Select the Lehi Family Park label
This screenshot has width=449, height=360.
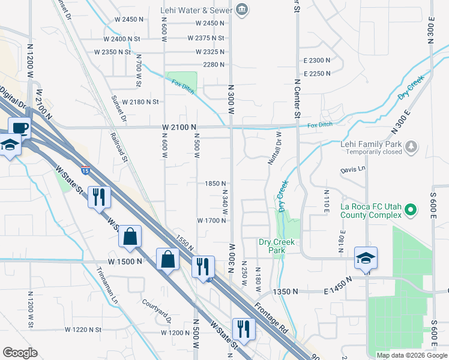pos(372,144)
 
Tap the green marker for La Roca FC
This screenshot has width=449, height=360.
pos(411,210)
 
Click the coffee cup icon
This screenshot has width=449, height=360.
pos(20,127)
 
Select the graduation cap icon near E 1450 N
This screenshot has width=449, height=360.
pos(366,258)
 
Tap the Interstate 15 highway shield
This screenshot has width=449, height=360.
pos(85,170)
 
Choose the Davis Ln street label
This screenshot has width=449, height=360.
pos(352,170)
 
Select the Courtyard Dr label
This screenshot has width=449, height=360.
pos(157,309)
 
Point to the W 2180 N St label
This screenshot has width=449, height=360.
pos(140,103)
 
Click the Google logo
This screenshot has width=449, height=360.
pos(20,353)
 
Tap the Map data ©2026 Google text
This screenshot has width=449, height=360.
pos(411,355)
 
